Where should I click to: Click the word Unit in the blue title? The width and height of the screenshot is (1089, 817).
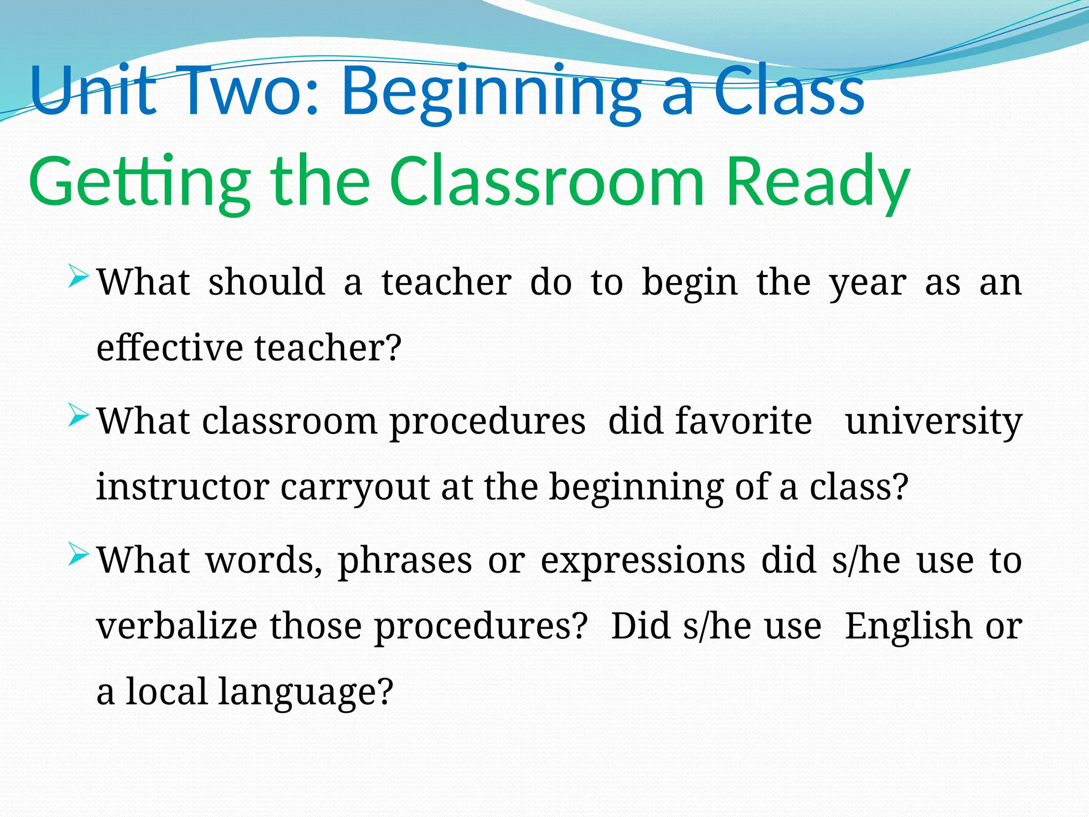pyautogui.click(x=93, y=90)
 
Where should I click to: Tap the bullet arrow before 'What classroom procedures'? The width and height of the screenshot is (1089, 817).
pyautogui.click(x=78, y=416)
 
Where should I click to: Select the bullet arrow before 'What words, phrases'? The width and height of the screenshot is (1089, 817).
pyautogui.click(x=78, y=556)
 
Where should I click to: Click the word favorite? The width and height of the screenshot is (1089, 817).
pyautogui.click(x=743, y=421)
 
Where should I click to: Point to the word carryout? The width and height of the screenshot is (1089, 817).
pyautogui.click(x=355, y=488)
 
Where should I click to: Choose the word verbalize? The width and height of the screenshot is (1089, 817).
pyautogui.click(x=177, y=626)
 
